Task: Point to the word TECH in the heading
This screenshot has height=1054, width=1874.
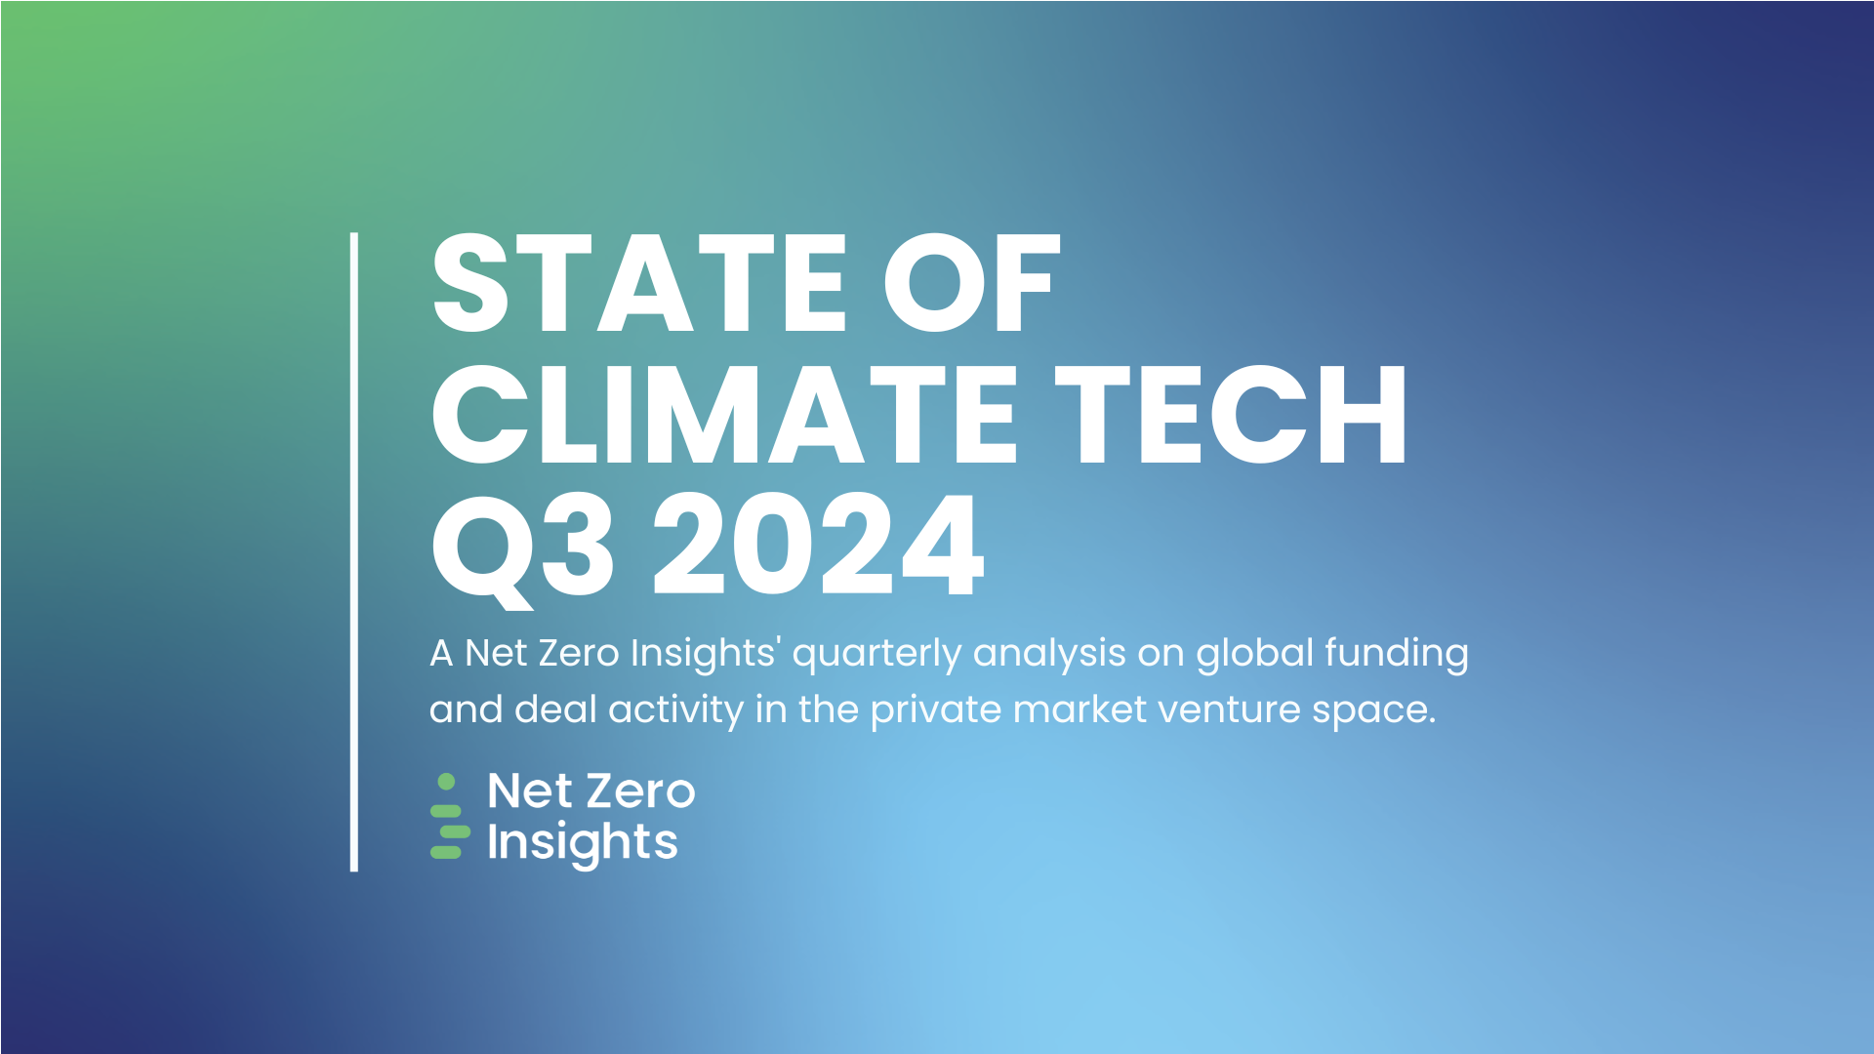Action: pos(1231,414)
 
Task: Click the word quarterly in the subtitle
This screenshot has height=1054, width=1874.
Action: pos(876,654)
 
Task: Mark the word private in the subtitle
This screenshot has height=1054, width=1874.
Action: pos(935,710)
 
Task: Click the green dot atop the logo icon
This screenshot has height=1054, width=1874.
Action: pos(447,782)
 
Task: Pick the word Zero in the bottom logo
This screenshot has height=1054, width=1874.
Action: pos(641,791)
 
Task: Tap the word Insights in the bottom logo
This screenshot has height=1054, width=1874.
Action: pos(582,843)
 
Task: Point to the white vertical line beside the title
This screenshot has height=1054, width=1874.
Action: pos(354,551)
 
